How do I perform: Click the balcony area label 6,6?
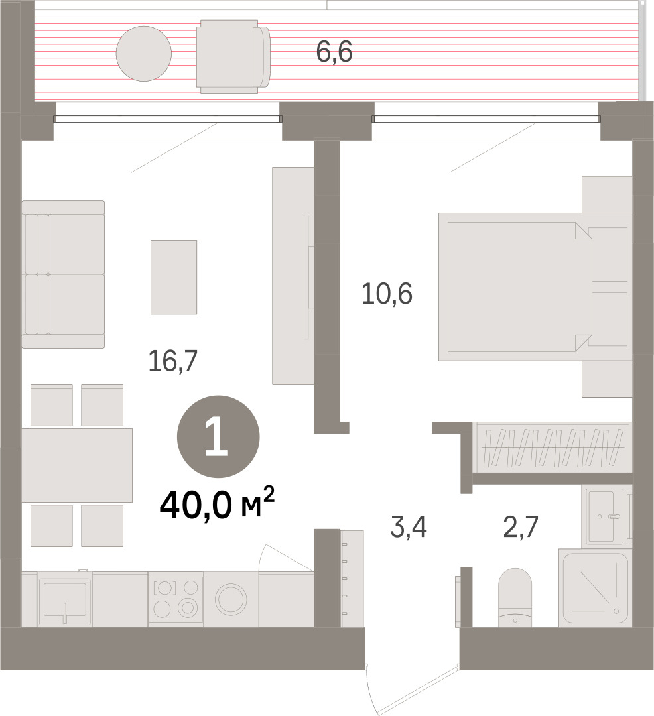point(334,52)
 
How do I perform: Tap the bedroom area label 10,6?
point(387,294)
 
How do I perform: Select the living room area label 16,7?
point(172,361)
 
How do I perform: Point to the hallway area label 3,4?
point(409,527)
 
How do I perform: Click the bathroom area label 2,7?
point(521,527)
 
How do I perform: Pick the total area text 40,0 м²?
point(217,504)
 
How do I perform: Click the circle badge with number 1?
point(218,437)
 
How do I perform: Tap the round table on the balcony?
point(144,54)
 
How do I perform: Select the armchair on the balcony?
point(233,56)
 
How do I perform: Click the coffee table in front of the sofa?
point(174,277)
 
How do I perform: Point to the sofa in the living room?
point(63,274)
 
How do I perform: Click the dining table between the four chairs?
point(77,465)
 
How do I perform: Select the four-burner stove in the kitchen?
point(176,599)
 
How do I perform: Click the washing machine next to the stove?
point(231,599)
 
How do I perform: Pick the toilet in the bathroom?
point(515,597)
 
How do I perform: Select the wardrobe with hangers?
point(552,447)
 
